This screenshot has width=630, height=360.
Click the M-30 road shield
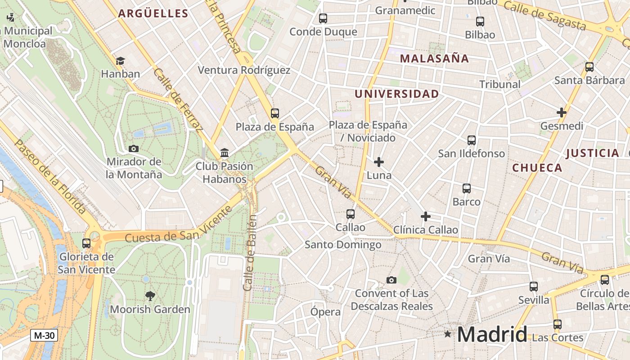(44, 335)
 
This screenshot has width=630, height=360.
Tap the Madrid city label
(492, 334)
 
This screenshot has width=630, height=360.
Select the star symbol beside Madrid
(447, 334)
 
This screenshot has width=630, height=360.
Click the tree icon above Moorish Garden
(150, 296)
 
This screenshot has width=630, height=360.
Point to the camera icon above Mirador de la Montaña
(134, 148)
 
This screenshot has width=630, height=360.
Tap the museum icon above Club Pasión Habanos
(225, 153)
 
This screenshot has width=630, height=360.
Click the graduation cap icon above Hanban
(120, 61)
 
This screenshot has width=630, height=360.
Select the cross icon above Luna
(379, 162)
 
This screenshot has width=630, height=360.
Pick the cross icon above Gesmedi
(561, 112)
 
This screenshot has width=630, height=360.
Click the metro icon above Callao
(351, 214)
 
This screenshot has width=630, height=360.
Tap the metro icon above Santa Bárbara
(589, 67)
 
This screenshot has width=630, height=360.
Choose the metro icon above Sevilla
(534, 287)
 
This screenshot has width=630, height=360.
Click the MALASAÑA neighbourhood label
(434, 58)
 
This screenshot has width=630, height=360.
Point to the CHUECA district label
(537, 168)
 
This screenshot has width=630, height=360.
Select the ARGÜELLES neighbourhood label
(153, 13)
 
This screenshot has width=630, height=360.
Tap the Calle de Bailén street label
(250, 252)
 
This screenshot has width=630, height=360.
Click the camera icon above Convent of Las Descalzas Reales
(391, 280)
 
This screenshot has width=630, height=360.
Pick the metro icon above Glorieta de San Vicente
(86, 243)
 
